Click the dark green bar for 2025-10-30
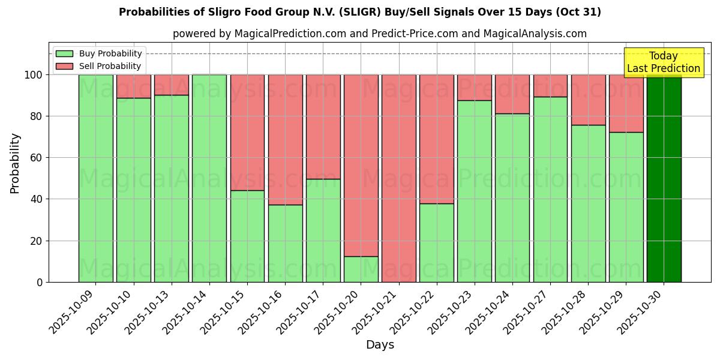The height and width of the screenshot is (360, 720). click(664, 178)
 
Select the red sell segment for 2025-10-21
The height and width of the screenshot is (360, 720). click(398, 178)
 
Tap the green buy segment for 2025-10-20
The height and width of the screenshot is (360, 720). click(361, 269)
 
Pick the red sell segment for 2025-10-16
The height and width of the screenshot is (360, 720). click(285, 140)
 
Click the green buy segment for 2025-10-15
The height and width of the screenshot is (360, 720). click(247, 236)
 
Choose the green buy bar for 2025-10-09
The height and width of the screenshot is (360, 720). click(95, 178)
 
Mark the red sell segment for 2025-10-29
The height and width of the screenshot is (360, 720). click(626, 103)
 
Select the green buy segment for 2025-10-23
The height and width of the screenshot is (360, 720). click(474, 191)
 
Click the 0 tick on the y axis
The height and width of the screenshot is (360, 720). click(40, 282)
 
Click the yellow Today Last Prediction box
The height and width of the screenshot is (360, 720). click(663, 62)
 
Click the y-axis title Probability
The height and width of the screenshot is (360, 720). click(15, 163)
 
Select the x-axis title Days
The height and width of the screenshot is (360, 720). click(380, 345)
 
